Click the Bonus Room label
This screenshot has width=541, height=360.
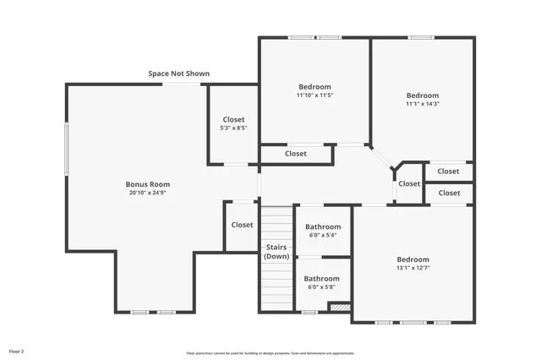click(x=148, y=184)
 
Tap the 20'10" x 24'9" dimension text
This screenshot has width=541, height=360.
click(x=148, y=194)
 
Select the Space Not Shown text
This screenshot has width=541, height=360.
click(x=179, y=74)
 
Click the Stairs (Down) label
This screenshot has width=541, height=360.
click(x=276, y=251)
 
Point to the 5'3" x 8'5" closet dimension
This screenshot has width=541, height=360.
click(x=233, y=128)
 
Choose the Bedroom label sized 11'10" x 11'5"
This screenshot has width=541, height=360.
click(x=314, y=86)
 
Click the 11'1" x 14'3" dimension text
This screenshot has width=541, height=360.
click(x=423, y=104)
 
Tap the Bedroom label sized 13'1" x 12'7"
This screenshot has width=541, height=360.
click(x=413, y=259)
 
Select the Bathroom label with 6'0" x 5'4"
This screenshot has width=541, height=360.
click(x=323, y=226)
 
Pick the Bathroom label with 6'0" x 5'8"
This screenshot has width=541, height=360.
click(x=322, y=279)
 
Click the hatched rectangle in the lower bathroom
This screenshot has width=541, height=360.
click(x=340, y=308)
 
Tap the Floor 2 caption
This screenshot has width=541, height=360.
click(x=17, y=350)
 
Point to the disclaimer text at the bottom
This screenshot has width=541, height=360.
click(x=270, y=353)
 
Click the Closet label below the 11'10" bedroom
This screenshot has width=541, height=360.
click(x=296, y=154)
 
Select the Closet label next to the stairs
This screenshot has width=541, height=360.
click(x=243, y=225)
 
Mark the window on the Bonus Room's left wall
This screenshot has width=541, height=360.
click(x=67, y=148)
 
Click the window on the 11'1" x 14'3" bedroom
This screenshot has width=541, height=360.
click(x=421, y=37)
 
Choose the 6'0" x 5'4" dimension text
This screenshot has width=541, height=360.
click(x=323, y=236)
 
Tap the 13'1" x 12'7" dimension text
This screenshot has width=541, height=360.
click(x=413, y=269)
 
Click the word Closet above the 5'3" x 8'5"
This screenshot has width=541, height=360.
click(x=233, y=119)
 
